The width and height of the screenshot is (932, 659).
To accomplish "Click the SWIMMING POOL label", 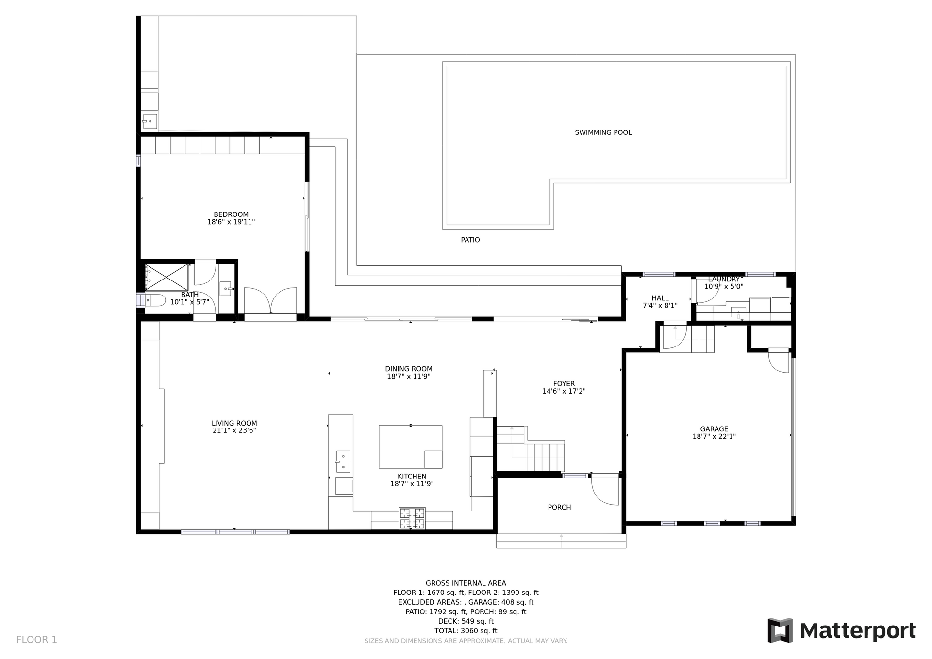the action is point(603,132).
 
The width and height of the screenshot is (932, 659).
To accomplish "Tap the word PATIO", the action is point(470,240).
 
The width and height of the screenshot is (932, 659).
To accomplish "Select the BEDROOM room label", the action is point(231,214).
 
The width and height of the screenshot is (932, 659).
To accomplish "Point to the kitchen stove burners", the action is point(412,518).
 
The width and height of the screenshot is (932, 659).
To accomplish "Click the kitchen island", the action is point(410,446).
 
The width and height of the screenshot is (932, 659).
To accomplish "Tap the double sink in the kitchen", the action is point(343,461).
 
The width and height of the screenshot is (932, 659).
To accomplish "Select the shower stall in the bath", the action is point(166,278).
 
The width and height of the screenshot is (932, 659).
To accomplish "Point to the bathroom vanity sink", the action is point(226,289).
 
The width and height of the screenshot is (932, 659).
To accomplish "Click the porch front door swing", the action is point(605,491).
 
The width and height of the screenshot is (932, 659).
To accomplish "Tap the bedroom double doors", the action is point(270,301).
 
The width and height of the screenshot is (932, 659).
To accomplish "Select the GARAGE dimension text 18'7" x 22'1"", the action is point(714,437).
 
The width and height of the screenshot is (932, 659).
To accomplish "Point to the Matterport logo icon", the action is point(780,630).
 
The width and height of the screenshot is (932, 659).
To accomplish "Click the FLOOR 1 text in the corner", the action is point(36,640).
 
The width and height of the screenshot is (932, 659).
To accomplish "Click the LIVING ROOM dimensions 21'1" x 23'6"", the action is point(234,430).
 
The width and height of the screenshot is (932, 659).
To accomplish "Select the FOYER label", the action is point(564,384).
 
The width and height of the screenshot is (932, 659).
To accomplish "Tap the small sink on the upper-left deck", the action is point(150,121).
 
